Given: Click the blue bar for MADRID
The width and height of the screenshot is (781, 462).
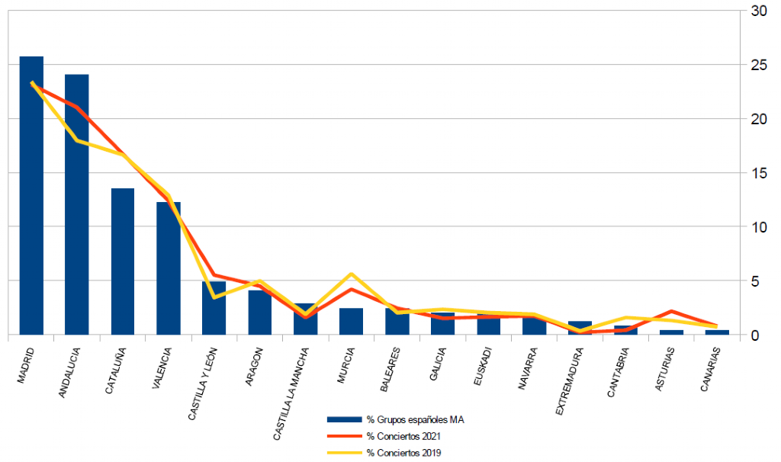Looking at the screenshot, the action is pyautogui.click(x=31, y=196).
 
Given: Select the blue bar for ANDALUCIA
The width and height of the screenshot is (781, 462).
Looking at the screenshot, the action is pyautogui.click(x=77, y=204).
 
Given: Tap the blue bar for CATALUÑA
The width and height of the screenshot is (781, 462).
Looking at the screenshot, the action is pyautogui.click(x=123, y=261).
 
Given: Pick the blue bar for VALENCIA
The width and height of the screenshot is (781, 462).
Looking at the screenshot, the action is pyautogui.click(x=169, y=268).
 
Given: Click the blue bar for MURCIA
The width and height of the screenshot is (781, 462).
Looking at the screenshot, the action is pyautogui.click(x=351, y=322).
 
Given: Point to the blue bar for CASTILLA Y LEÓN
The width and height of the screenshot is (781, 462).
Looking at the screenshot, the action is pyautogui.click(x=214, y=308).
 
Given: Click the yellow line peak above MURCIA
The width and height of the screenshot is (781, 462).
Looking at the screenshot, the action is pyautogui.click(x=351, y=274).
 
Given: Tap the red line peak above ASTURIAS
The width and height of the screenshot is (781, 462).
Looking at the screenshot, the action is pyautogui.click(x=671, y=311).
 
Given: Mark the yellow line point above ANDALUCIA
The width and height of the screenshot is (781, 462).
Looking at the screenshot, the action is pyautogui.click(x=77, y=140).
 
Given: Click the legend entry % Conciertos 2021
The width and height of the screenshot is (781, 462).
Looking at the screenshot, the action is pyautogui.click(x=384, y=436).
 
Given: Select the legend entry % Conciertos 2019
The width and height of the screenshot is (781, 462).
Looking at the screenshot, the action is pyautogui.click(x=384, y=453).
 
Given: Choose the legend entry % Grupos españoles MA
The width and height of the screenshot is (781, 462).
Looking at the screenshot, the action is pyautogui.click(x=396, y=419).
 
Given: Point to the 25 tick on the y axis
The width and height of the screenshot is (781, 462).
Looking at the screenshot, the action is pyautogui.click(x=759, y=65).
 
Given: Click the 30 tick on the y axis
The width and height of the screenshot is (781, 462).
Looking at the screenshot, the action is pyautogui.click(x=759, y=11).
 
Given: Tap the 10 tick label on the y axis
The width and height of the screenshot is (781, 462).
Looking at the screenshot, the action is pyautogui.click(x=759, y=227).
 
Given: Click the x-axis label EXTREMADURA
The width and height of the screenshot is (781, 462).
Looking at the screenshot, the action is pyautogui.click(x=569, y=381).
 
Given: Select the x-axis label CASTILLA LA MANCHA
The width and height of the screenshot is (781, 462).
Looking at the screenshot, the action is pyautogui.click(x=291, y=394).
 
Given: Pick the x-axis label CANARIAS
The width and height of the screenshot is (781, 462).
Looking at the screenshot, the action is pyautogui.click(x=710, y=370).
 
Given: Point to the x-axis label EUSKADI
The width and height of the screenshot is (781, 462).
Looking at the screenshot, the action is pyautogui.click(x=483, y=367).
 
